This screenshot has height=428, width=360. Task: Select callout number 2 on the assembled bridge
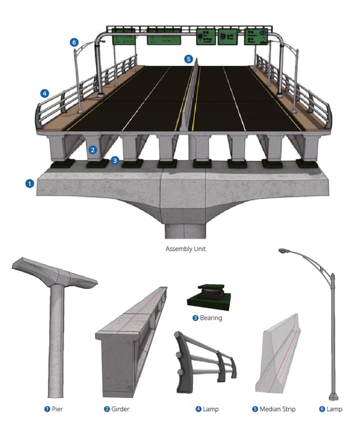[92, 150]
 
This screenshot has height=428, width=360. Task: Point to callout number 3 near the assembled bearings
[115, 160]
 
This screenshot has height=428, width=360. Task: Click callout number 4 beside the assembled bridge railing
[44, 93]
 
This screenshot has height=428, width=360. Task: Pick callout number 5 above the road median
[188, 59]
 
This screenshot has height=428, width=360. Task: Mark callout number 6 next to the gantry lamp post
[74, 42]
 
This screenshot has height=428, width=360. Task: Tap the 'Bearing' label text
[211, 318]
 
